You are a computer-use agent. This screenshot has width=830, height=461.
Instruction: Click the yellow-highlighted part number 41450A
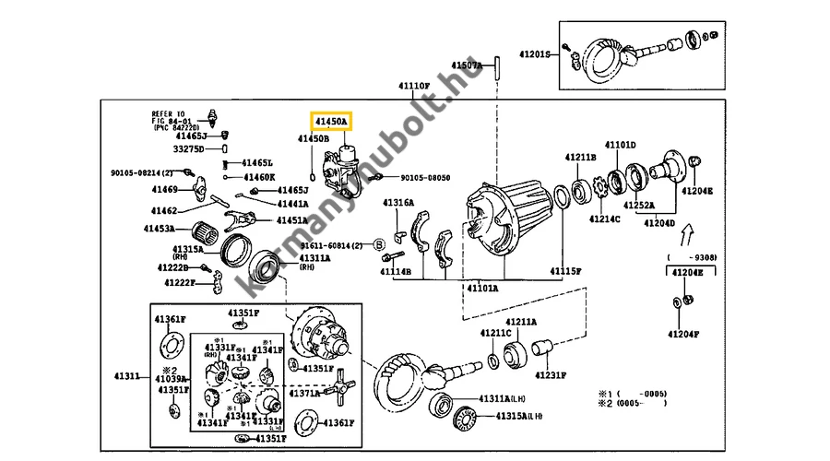point(330,121)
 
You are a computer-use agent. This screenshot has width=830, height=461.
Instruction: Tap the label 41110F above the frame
point(414,86)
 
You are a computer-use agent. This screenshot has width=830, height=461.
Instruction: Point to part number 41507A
point(467,65)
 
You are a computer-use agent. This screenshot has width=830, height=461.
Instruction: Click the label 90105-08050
point(425,178)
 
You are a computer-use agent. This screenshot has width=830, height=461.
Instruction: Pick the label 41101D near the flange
point(620,145)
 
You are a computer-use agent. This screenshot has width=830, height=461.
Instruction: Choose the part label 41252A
point(636,205)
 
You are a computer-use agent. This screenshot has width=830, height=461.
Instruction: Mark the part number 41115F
point(566,271)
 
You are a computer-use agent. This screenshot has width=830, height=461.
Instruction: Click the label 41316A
point(399,203)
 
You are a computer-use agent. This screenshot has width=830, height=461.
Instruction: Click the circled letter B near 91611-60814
point(379,245)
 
